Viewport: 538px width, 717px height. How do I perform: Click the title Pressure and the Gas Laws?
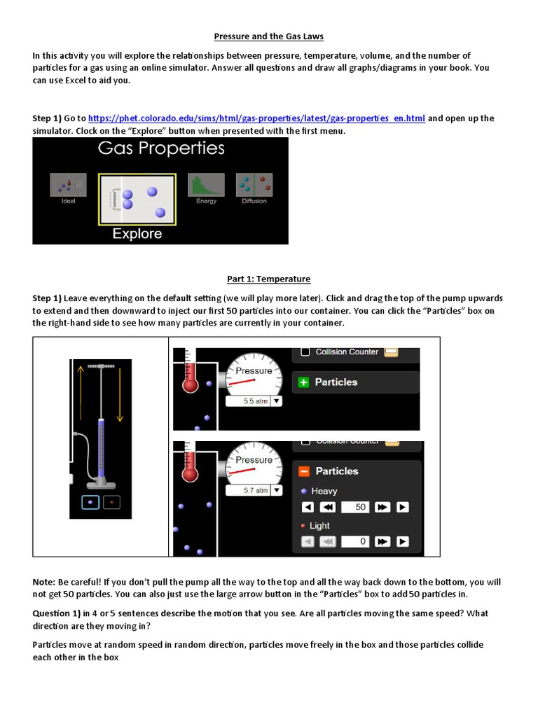coord(268,36)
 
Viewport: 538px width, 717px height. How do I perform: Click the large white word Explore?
coord(137,234)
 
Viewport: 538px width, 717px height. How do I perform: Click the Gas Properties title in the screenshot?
coord(161,148)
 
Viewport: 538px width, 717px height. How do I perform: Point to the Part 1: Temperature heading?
coord(268,279)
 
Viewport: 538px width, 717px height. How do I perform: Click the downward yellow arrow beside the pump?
coord(120,392)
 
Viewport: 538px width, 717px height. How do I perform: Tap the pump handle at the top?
coord(100,366)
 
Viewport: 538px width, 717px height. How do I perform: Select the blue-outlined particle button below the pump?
coord(90,501)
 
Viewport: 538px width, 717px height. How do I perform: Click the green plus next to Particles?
coord(303,382)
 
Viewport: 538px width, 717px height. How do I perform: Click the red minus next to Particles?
coord(304,471)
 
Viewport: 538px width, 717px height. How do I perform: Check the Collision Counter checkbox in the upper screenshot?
coord(305,352)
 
